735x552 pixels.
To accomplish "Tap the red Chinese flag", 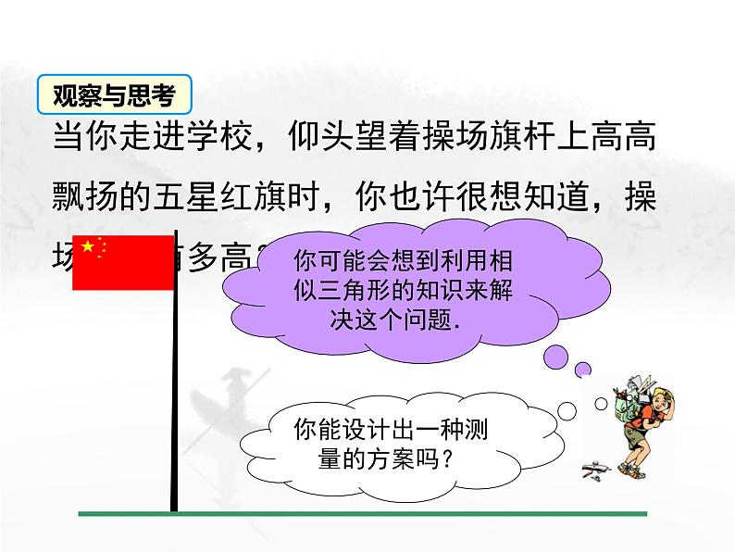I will (122, 262).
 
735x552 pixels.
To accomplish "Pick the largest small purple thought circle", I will (558, 355).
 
